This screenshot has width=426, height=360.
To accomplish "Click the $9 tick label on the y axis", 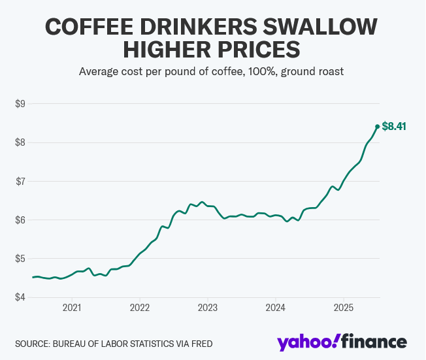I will click(x=20, y=104).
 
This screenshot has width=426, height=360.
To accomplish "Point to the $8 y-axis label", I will click(x=20, y=142).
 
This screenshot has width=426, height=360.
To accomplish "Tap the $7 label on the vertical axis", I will click(x=20, y=181).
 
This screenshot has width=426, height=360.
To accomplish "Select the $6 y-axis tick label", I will click(x=20, y=220).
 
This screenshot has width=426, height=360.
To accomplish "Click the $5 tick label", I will click(x=20, y=259).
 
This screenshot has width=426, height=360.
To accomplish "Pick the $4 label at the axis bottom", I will click(x=20, y=297).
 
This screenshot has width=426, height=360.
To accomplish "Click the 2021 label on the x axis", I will click(x=72, y=308).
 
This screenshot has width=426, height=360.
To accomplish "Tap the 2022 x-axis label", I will click(x=140, y=308).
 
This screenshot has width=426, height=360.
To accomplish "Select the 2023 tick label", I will click(x=208, y=308).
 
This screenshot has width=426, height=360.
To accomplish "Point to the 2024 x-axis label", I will click(x=276, y=308).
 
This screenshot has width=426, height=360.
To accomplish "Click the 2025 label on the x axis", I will click(x=344, y=308).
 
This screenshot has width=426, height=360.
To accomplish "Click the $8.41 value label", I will click(x=394, y=127).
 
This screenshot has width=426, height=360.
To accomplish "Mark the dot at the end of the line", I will click(x=377, y=127).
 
